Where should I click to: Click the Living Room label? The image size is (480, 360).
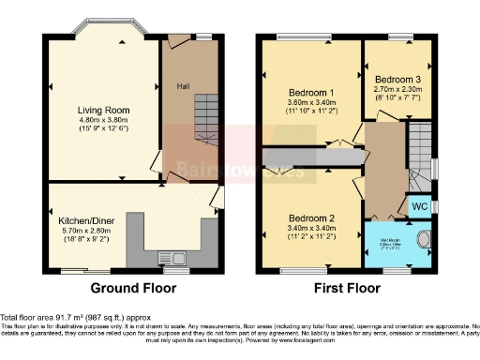coord(103,110)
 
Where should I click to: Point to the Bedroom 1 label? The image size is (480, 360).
coord(312,93)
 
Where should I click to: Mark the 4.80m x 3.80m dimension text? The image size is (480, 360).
coord(103,120)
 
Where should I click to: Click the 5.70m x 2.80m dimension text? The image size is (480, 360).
coord(85,230)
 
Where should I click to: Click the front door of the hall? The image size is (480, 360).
coord(175,39)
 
